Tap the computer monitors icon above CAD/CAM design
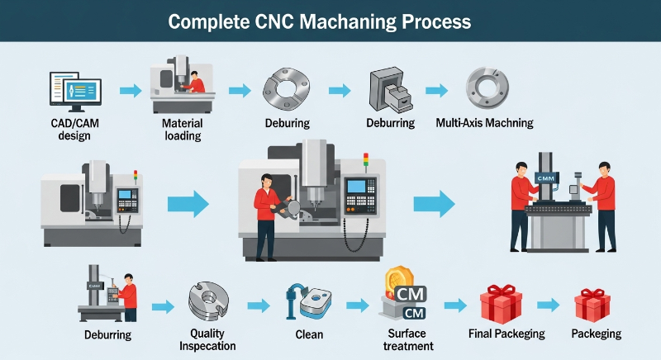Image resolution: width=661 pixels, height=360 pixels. pyautogui.click(x=75, y=90)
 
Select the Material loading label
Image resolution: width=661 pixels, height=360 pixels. pyautogui.click(x=182, y=129)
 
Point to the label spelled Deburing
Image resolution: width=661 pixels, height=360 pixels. pyautogui.click(x=287, y=123)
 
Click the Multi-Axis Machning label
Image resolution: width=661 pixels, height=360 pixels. pyautogui.click(x=484, y=123)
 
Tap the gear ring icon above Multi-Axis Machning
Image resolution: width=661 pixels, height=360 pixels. pyautogui.click(x=483, y=88)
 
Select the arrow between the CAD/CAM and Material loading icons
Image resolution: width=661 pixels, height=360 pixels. pyautogui.click(x=130, y=90)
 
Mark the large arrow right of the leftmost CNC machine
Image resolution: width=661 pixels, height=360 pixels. pyautogui.click(x=188, y=204)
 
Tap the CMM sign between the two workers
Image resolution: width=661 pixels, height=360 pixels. pyautogui.click(x=546, y=178)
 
